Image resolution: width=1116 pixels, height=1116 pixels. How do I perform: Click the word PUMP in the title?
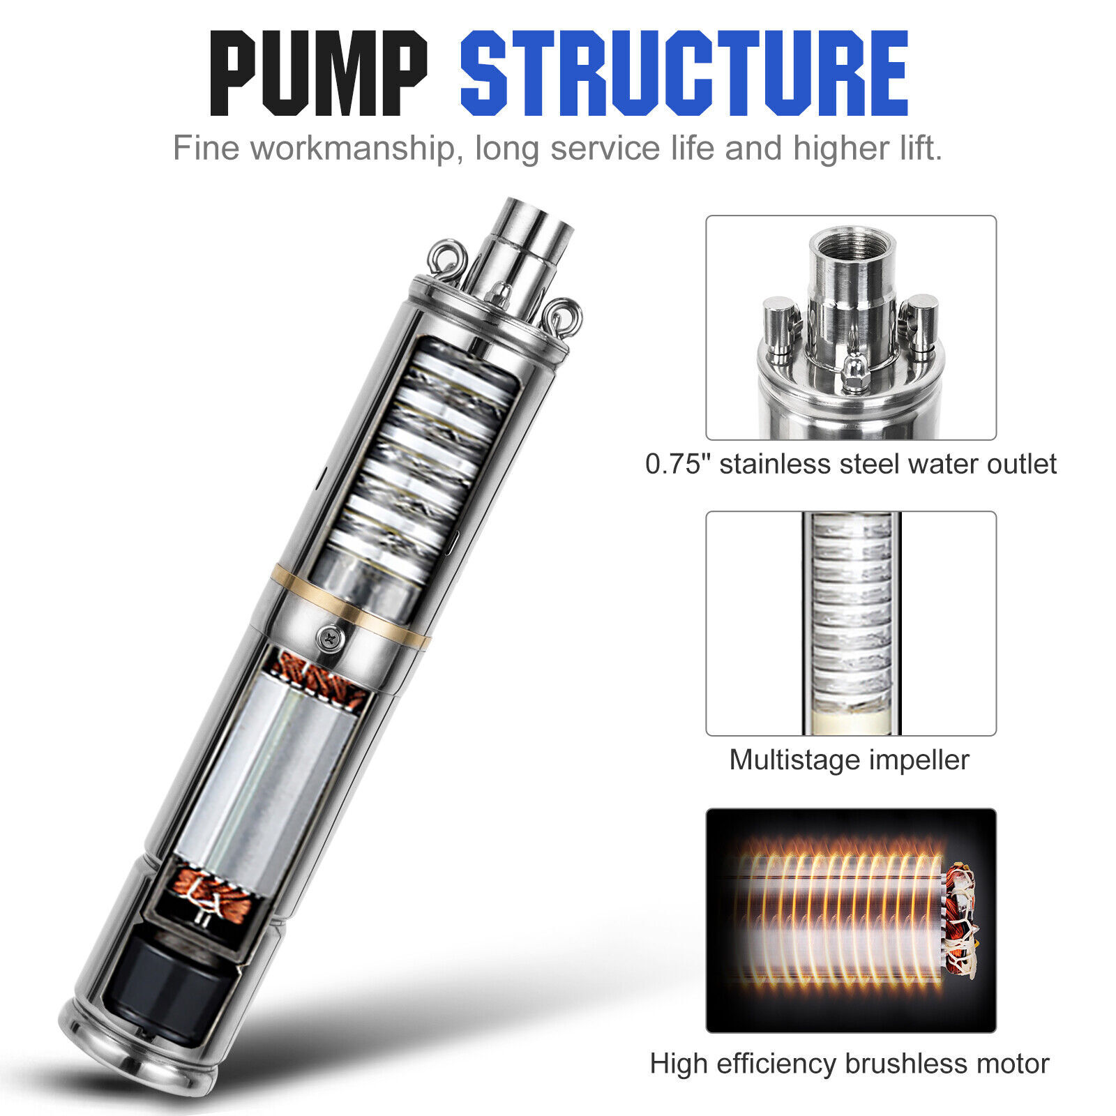point(319,73)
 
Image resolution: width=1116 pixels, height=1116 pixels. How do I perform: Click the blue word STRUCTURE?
point(684,73)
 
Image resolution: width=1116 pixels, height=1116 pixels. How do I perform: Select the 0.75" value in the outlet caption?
point(678,464)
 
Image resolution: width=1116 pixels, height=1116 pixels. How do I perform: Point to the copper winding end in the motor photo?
point(961,921)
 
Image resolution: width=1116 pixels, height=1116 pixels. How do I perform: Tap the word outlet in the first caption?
point(1024,464)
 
